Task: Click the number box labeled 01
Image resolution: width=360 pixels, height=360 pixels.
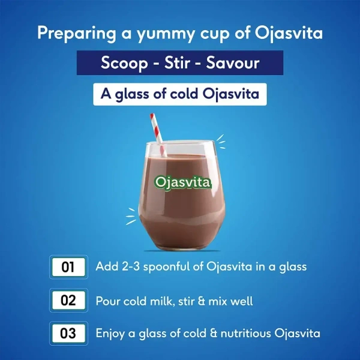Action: pyautogui.click(x=68, y=267)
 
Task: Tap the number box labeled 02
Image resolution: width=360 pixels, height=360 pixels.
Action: pyautogui.click(x=68, y=300)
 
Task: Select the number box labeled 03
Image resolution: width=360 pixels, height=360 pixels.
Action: pyautogui.click(x=68, y=333)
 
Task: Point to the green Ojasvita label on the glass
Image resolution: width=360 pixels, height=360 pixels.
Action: pyautogui.click(x=183, y=182)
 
